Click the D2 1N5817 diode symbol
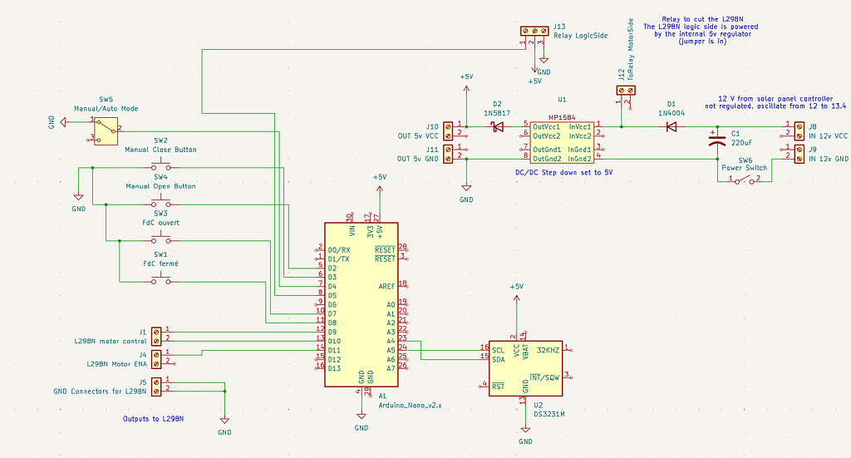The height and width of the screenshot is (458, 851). coord(498,127)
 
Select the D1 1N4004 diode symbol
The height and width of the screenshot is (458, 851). coord(670,127)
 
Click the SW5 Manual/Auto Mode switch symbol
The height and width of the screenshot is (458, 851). coord(105,129)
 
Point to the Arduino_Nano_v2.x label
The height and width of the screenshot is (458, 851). coord(411,406)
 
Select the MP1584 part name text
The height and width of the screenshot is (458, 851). coord(563,118)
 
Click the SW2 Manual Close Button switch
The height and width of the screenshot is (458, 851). coord(160,167)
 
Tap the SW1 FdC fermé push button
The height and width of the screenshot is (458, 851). coord(160,281)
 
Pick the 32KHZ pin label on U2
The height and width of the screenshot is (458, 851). coord(548,350)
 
